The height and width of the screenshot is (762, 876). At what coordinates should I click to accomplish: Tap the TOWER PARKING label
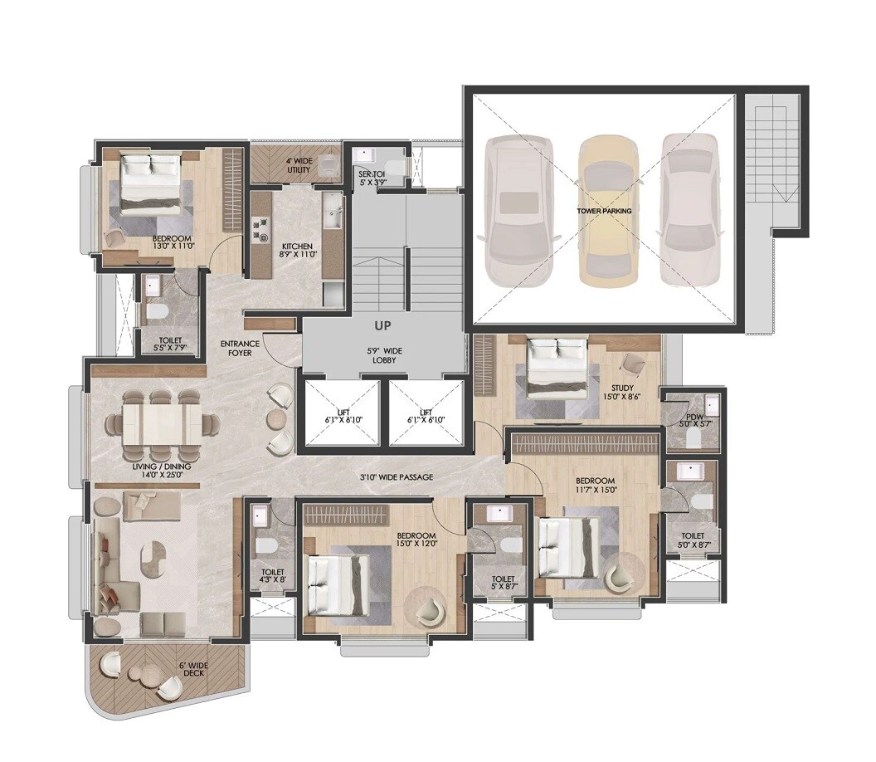point(604,212)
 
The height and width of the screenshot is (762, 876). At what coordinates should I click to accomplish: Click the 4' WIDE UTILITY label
point(299,166)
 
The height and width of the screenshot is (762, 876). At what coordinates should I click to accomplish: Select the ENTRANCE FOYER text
point(240,348)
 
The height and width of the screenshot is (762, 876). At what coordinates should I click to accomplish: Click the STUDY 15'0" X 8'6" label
point(623,393)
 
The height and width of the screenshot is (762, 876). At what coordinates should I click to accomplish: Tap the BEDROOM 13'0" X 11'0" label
point(173,241)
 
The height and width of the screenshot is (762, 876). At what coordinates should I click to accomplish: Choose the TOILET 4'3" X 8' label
point(272,576)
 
